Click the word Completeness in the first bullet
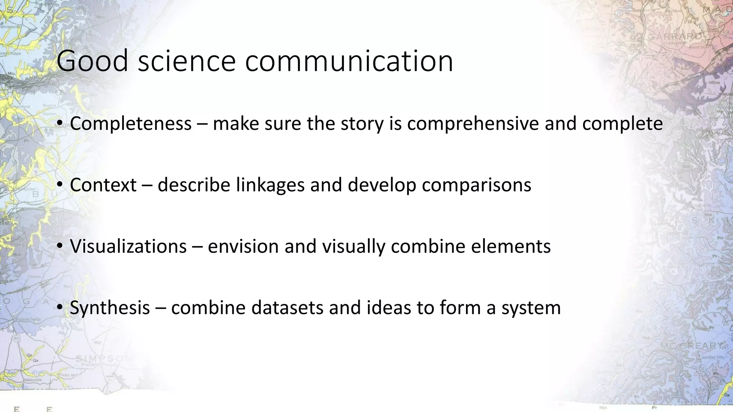[x=131, y=124]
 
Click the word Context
[x=103, y=185]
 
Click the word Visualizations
[x=128, y=246]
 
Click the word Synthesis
[x=110, y=308]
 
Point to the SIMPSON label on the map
[x=104, y=358]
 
